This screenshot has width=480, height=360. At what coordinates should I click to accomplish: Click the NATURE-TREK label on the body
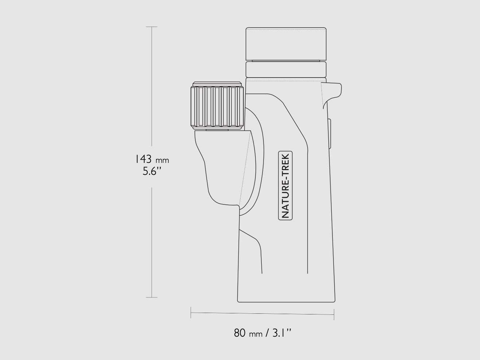(x=285, y=185)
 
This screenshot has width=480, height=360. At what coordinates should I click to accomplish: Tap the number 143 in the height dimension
(x=143, y=159)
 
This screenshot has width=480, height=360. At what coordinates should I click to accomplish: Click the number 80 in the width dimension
(x=239, y=333)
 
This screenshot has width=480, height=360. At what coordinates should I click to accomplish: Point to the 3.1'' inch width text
(x=282, y=333)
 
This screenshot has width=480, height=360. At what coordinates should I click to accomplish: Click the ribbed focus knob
(x=217, y=106)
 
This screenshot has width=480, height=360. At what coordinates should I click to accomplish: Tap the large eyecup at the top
(x=286, y=44)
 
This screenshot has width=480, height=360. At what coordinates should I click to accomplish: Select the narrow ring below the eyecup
(x=286, y=69)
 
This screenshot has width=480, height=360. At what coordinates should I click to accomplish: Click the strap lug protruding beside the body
(x=332, y=94)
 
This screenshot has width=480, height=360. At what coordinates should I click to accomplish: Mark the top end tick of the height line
(x=152, y=27)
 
